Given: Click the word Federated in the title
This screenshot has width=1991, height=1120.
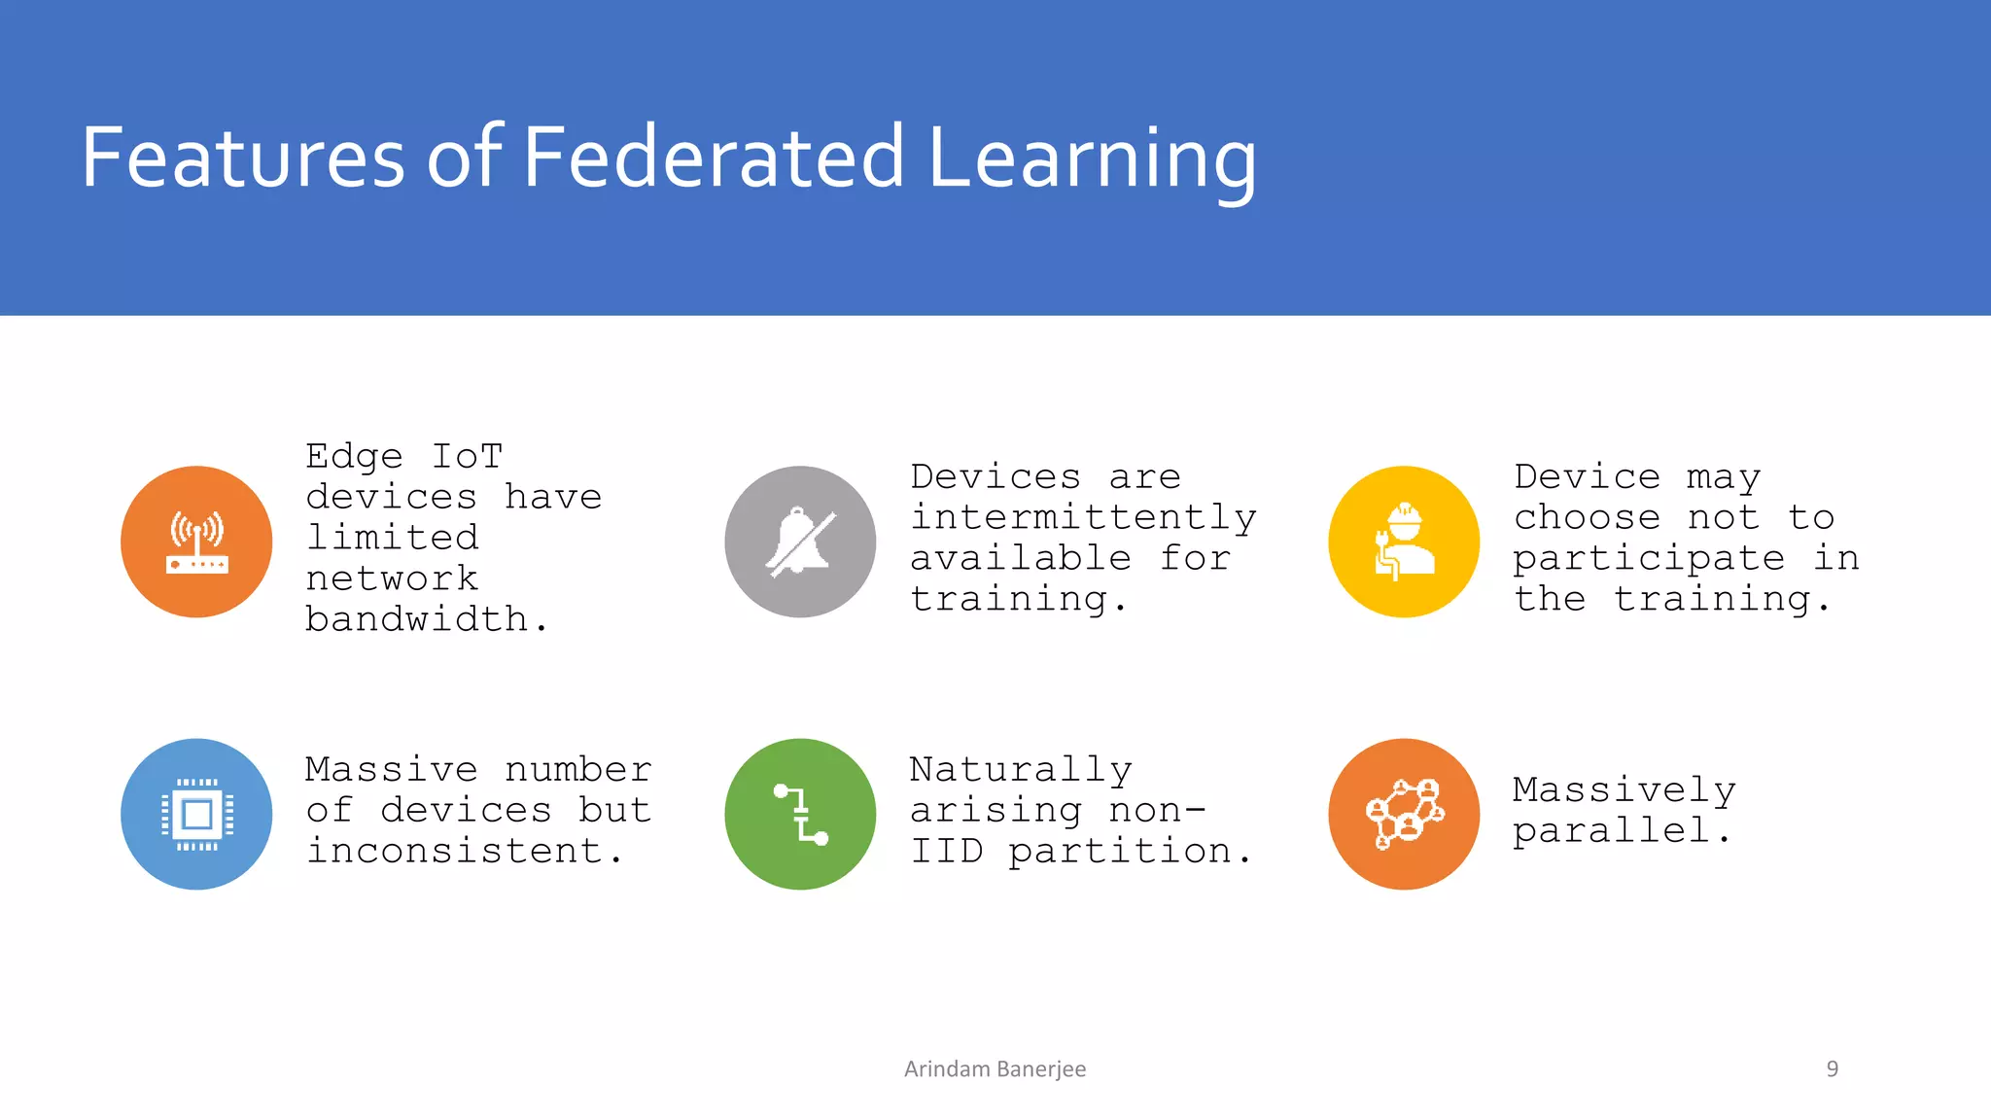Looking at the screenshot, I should [x=714, y=157].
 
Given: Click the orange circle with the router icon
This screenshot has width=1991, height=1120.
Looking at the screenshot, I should [x=196, y=542].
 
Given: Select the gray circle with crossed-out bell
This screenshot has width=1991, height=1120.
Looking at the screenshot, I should [x=800, y=542].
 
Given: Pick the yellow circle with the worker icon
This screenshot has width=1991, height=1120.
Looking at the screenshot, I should [x=1404, y=542].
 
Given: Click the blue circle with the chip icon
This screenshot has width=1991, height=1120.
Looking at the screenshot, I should [x=196, y=814].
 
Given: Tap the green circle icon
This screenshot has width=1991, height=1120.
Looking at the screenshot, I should [x=800, y=814].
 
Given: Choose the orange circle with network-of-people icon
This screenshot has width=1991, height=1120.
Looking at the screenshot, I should [x=1404, y=814].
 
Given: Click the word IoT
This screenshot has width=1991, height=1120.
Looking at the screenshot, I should [x=467, y=456].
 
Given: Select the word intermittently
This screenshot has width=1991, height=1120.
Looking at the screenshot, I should [x=1083, y=517].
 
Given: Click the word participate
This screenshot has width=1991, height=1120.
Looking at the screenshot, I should [x=1649, y=559].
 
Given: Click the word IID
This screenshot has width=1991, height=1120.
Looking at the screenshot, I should [x=947, y=851].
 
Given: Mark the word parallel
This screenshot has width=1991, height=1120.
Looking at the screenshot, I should [x=1612, y=830].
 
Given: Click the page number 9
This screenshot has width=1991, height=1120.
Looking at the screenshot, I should [x=1832, y=1068].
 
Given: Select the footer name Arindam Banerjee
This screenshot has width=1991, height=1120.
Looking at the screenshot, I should [x=995, y=1068].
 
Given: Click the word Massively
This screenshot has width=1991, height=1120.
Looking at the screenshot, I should [x=1624, y=789].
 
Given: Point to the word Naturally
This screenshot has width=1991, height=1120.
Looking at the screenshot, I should [x=1021, y=769].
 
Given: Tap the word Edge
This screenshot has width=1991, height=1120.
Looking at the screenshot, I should [x=354, y=456].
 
